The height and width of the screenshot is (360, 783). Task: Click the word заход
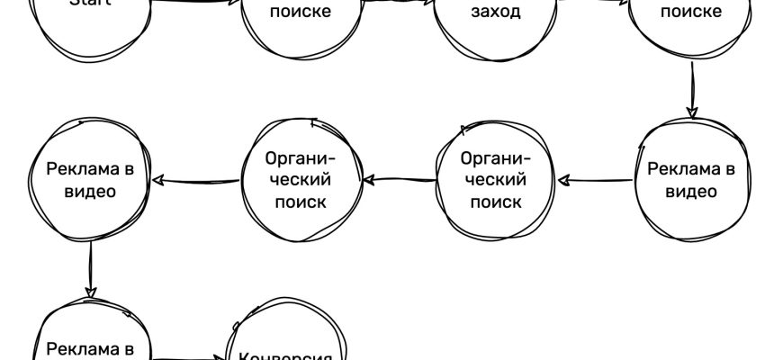(x=496, y=13)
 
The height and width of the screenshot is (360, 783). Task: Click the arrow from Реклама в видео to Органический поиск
(x=598, y=179)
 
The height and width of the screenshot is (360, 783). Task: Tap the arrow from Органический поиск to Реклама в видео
(x=196, y=180)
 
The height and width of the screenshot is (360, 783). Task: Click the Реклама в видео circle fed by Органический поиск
(x=90, y=180)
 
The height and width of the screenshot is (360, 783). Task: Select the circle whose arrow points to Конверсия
(x=90, y=342)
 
